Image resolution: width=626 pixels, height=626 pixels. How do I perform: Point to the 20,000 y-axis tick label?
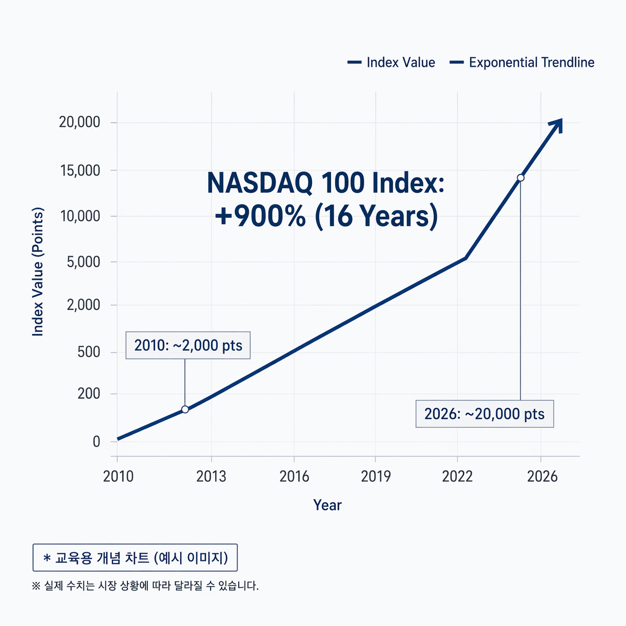79,122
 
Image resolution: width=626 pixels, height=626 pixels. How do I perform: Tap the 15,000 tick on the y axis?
80,171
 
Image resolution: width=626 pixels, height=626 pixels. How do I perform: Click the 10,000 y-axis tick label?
80,216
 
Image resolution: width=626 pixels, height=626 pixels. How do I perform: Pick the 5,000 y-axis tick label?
83,262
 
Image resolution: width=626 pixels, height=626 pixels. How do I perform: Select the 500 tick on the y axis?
89,352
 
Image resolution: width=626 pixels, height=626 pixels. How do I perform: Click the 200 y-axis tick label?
89,394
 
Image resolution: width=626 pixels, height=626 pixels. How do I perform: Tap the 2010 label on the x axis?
118,476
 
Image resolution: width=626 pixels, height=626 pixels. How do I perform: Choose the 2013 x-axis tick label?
211,476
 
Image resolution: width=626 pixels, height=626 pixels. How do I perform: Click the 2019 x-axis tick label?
376,476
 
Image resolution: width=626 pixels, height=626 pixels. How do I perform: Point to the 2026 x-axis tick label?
542,476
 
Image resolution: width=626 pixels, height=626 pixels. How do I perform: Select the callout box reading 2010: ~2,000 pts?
188,345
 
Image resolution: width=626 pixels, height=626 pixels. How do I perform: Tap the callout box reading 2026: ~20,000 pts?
484,414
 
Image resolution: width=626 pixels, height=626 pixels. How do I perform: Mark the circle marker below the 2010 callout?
185,409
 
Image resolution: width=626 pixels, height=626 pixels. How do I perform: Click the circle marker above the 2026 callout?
521,178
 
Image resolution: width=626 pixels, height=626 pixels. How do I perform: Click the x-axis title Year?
327,505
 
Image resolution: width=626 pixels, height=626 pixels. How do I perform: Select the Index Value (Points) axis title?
38,272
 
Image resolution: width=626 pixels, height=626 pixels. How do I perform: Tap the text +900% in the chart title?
260,217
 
